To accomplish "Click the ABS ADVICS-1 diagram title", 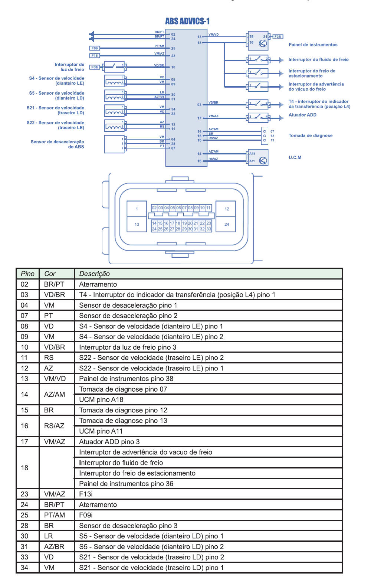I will click(187, 21).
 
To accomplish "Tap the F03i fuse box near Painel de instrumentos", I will click(278, 37).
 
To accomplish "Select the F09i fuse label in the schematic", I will click(95, 48).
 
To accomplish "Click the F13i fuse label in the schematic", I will click(95, 56).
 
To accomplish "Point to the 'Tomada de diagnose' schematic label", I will click(311, 135).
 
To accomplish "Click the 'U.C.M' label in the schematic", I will click(295, 157).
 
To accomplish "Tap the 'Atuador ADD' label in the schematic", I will click(302, 115).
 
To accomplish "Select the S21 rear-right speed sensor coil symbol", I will click(115, 110).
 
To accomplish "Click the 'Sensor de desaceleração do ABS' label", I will click(58, 144).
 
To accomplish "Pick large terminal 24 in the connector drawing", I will click(227, 224).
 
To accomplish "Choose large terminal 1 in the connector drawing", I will click(137, 209).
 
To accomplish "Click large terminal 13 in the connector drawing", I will click(137, 224).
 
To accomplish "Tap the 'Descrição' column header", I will click(95, 274).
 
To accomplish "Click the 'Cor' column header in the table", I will click(50, 274).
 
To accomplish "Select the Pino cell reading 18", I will click(24, 468).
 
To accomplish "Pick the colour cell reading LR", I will click(49, 536).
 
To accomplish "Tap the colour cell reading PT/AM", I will click(55, 515).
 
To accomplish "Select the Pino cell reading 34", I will click(24, 568).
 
